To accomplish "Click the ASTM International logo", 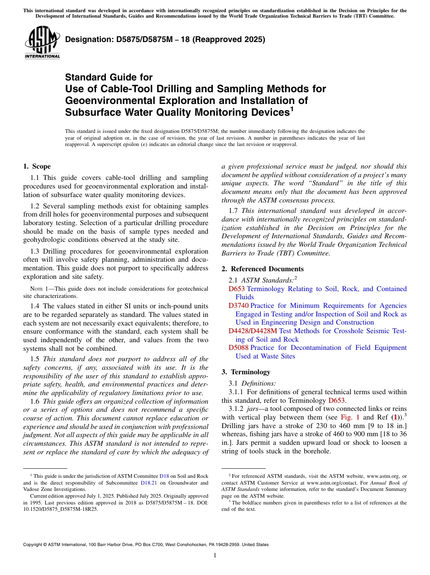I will pyautogui.click(x=42, y=43).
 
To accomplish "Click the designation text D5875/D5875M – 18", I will pyautogui.click(x=165, y=40).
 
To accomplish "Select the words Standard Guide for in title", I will pyautogui.click(x=109, y=77).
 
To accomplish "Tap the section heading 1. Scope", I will pyautogui.click(x=37, y=166).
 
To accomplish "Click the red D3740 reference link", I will pyautogui.click(x=239, y=306).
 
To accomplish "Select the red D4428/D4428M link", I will pyautogui.click(x=253, y=331).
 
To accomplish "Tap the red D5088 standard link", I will pyautogui.click(x=239, y=348).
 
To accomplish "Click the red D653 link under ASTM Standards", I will pyautogui.click(x=237, y=289).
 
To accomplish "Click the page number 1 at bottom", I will pyautogui.click(x=215, y=555).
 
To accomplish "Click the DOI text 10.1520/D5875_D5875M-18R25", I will pyautogui.click(x=61, y=509).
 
